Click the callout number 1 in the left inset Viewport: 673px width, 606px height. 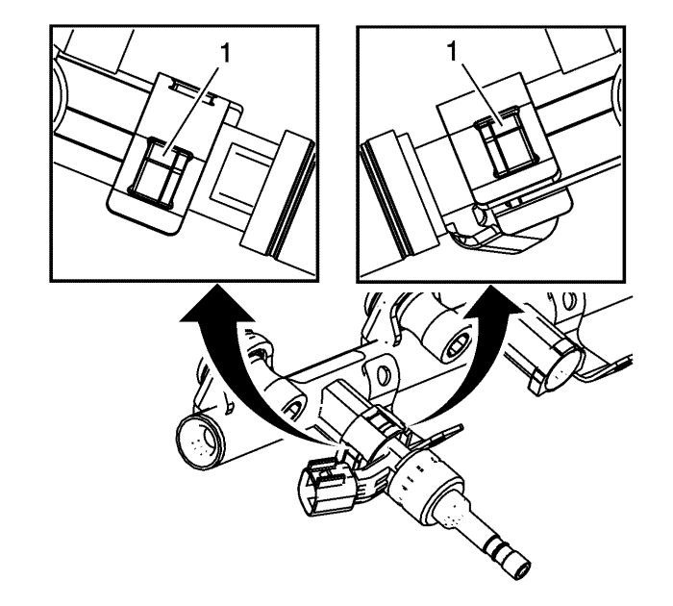coord(224,54)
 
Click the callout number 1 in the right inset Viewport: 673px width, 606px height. coord(453,52)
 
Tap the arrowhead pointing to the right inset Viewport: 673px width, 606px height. coord(492,302)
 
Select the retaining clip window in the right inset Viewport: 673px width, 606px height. coord(507,141)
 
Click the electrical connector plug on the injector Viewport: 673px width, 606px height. coord(326,486)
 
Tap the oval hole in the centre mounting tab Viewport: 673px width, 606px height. coord(382,374)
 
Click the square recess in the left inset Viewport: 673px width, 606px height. coord(232,172)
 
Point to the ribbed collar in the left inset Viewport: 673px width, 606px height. coord(279,194)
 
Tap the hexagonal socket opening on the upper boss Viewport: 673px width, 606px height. coord(458,341)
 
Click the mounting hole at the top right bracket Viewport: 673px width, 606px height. coord(569,301)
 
